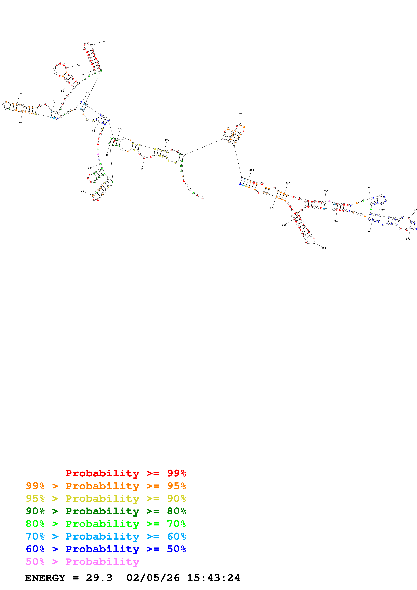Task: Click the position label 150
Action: click(x=102, y=41)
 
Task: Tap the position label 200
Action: click(x=241, y=113)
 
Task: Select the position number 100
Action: click(x=19, y=93)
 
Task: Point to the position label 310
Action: click(x=324, y=248)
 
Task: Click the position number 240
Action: click(x=368, y=188)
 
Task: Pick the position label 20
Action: click(x=142, y=169)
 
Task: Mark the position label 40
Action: click(x=82, y=191)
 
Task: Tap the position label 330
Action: click(x=272, y=208)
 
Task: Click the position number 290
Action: click(x=335, y=221)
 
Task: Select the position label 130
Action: click(x=77, y=65)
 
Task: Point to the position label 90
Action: click(x=20, y=123)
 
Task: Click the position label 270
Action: click(x=408, y=239)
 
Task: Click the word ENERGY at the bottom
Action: click(x=45, y=578)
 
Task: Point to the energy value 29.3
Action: click(x=99, y=578)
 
